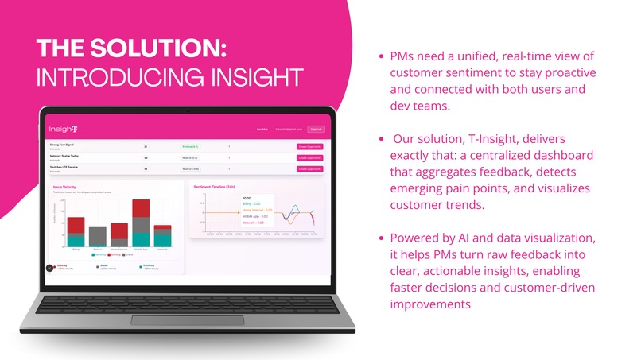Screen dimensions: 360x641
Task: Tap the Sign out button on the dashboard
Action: click(316, 128)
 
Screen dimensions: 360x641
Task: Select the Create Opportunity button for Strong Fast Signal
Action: click(310, 147)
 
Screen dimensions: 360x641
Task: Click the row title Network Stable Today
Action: click(66, 157)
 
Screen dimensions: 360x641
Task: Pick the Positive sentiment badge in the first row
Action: click(190, 147)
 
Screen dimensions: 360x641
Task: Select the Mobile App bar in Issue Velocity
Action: click(141, 223)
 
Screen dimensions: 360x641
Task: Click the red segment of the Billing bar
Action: click(76, 226)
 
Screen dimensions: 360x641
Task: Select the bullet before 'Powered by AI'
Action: click(382, 238)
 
